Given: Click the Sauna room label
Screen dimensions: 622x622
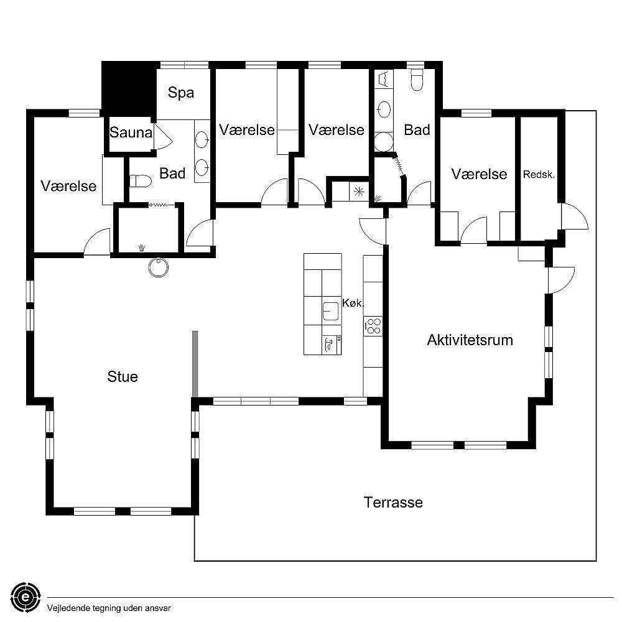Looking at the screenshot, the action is click(x=131, y=132).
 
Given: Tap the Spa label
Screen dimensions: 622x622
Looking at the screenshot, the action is click(x=181, y=93).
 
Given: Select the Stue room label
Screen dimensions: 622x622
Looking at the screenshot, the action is click(x=123, y=376).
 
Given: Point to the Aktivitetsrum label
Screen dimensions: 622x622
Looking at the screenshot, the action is click(x=470, y=340).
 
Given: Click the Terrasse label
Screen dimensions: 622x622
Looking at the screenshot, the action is click(x=393, y=502).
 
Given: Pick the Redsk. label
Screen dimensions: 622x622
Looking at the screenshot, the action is click(x=539, y=174).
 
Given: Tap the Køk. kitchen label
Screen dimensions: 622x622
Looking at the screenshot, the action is click(x=353, y=303).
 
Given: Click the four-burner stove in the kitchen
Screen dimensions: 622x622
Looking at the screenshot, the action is click(x=373, y=326).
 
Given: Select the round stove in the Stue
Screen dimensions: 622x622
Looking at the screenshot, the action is click(x=159, y=267).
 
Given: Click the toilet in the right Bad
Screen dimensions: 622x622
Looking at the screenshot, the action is click(x=417, y=80).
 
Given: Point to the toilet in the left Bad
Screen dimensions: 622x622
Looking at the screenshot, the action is click(x=141, y=181).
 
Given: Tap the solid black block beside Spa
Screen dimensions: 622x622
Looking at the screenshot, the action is click(x=129, y=89).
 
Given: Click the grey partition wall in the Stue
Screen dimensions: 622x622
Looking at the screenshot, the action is click(x=195, y=363).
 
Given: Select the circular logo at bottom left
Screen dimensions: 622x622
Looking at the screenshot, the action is click(x=26, y=597).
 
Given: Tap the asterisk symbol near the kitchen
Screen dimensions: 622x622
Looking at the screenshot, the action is click(x=359, y=192).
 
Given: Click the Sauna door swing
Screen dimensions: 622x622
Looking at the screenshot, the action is click(x=163, y=136).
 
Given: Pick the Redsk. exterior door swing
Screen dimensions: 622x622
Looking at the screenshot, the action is click(x=574, y=216).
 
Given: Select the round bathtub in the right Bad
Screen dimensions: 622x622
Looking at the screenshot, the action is click(x=384, y=142).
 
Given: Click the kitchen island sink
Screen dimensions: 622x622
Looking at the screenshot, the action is click(x=330, y=311).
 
